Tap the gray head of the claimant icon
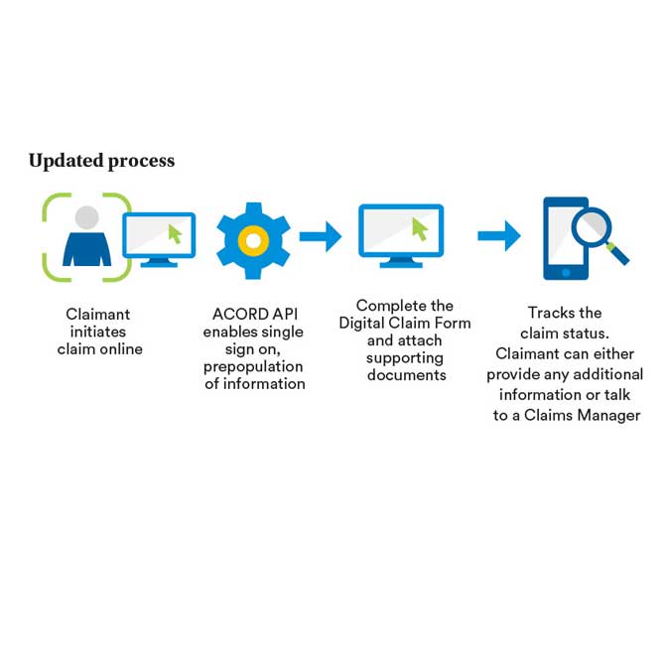coord(87,217)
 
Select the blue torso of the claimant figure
coord(87,249)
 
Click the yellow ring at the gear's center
coord(253,241)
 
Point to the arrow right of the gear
coord(321,236)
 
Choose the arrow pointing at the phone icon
coord(499,235)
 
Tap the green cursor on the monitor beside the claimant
coord(175,233)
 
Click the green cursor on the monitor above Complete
coord(420,229)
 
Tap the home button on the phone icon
coord(566,273)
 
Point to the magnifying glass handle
coord(617,254)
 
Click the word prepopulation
coord(253,366)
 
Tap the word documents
coord(407,375)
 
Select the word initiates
coord(98,332)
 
